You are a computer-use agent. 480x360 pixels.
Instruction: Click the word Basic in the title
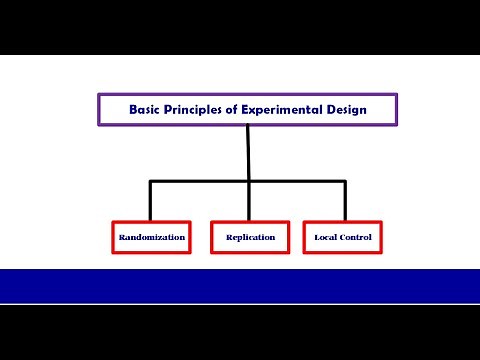pos(145,110)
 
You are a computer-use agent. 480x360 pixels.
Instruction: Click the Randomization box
pos(150,237)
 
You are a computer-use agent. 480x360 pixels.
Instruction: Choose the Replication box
pos(249,237)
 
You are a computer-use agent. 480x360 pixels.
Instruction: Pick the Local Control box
pos(343,237)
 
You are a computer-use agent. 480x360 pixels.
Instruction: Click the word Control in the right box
pos(355,237)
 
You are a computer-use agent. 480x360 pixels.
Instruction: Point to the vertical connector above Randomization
pos(150,200)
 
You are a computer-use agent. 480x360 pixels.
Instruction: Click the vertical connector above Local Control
pos(344,200)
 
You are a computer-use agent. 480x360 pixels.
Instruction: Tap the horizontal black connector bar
pos(200,181)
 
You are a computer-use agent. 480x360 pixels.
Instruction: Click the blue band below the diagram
pos(240,285)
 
